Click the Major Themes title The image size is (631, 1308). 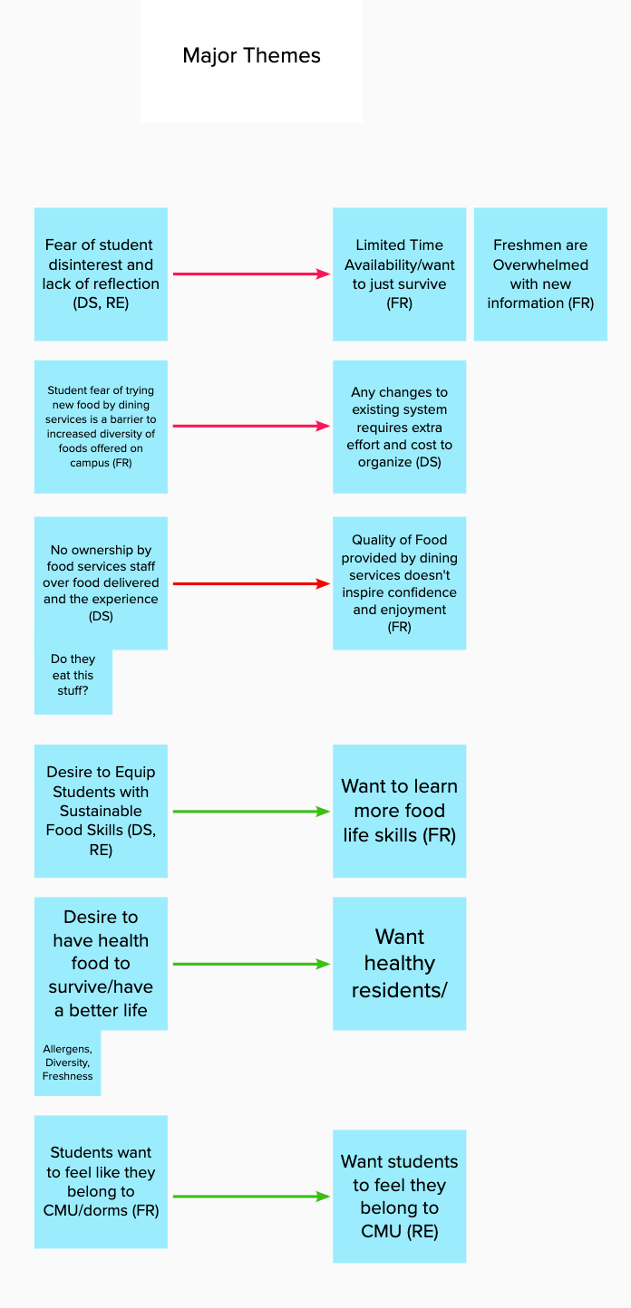tap(251, 56)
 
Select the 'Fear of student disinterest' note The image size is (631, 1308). tap(101, 274)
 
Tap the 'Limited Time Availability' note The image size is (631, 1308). tap(400, 274)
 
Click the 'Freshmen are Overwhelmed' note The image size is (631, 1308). tap(540, 274)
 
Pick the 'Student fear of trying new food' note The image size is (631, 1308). tap(101, 427)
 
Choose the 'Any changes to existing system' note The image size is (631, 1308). tap(400, 427)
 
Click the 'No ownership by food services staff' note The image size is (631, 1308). tap(101, 582)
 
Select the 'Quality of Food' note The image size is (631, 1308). tap(400, 582)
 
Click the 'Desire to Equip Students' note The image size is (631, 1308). tap(101, 811)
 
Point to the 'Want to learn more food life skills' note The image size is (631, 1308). tap(400, 811)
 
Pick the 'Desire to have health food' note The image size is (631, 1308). tap(101, 964)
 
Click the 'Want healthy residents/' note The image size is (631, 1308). tap(400, 964)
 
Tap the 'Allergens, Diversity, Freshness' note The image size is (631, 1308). tap(67, 1063)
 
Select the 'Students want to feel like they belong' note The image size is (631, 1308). tap(101, 1182)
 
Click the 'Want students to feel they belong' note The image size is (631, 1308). tap(400, 1197)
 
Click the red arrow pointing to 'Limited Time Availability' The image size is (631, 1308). tap(252, 274)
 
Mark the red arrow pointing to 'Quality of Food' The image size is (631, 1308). tap(252, 583)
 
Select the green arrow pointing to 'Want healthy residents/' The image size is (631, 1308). tap(252, 964)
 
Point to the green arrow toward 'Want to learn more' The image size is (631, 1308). tap(252, 812)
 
